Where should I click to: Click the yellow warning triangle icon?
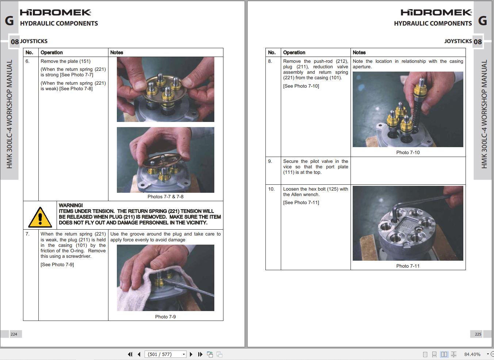(x=40, y=217)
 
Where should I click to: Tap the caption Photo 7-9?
(x=165, y=317)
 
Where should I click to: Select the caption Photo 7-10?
(x=408, y=152)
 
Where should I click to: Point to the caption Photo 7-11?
(x=408, y=266)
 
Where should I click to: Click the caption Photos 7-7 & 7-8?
(x=165, y=196)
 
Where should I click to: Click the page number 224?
(x=14, y=334)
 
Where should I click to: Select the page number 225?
(x=478, y=334)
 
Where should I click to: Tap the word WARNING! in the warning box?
(x=71, y=205)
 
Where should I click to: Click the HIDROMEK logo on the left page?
(x=55, y=12)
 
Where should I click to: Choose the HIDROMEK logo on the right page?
(x=436, y=12)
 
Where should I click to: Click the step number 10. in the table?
(x=271, y=189)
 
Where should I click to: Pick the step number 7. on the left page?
(x=27, y=234)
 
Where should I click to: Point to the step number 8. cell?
(x=270, y=61)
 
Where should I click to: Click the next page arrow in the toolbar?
(x=191, y=354)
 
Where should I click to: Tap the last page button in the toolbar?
(x=200, y=354)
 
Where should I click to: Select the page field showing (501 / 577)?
(x=165, y=354)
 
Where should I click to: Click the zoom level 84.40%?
(x=472, y=354)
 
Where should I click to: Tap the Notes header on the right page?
(x=359, y=53)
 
